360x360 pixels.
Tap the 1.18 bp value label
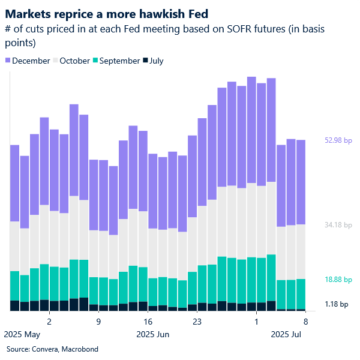pyautogui.click(x=336, y=304)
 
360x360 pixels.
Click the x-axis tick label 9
pyautogui.click(x=98, y=321)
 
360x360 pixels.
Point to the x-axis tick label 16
pyautogui.click(x=148, y=321)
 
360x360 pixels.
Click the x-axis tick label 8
pyautogui.click(x=306, y=321)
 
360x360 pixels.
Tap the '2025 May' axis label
pyautogui.click(x=22, y=334)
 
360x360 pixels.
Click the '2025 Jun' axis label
pyautogui.click(x=154, y=334)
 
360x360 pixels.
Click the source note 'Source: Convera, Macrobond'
pyautogui.click(x=52, y=349)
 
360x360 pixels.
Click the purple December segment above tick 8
pyautogui.click(x=301, y=182)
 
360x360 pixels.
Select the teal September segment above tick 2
pyautogui.click(x=54, y=283)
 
